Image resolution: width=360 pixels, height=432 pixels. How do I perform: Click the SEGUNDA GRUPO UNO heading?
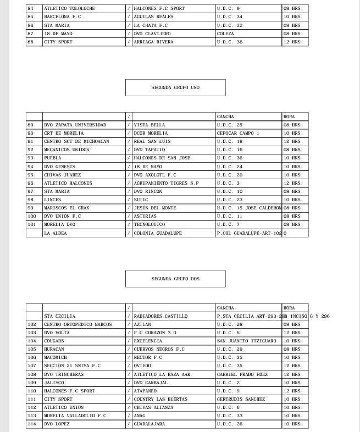click(x=175, y=87)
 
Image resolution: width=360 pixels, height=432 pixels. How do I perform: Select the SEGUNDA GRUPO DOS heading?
click(x=175, y=279)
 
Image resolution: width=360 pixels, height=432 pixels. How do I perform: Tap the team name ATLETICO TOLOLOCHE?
click(x=69, y=9)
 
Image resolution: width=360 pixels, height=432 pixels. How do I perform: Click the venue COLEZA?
click(x=225, y=34)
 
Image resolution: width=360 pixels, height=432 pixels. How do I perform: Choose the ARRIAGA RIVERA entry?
click(x=153, y=42)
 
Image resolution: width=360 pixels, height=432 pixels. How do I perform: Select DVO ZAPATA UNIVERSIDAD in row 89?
click(x=75, y=125)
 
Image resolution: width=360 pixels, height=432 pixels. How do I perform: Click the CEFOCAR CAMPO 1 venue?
click(x=237, y=133)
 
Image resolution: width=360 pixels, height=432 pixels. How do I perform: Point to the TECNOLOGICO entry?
click(x=149, y=225)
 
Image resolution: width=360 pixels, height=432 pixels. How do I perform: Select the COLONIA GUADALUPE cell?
click(x=158, y=233)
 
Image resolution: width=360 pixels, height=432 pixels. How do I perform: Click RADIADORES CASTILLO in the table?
click(x=160, y=316)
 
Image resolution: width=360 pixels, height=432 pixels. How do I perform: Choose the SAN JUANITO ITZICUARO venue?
click(x=246, y=341)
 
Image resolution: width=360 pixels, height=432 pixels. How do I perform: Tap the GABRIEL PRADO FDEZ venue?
click(x=242, y=374)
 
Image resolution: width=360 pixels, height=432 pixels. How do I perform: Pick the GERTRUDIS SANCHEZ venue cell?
click(x=241, y=399)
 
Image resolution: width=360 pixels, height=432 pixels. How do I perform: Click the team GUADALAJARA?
click(x=149, y=424)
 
